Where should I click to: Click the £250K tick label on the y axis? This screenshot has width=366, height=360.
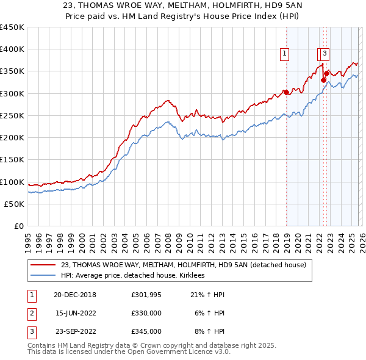point(12,116)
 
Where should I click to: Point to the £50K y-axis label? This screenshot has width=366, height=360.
point(14,204)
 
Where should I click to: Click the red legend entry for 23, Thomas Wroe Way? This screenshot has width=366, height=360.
point(187,265)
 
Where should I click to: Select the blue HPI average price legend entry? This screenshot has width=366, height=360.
point(136,276)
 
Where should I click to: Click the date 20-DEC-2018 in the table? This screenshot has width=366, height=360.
point(75,295)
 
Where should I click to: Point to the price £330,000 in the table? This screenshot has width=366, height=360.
point(146,313)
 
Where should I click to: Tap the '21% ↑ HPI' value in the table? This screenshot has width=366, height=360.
point(207,295)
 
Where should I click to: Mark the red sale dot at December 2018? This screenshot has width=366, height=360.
point(285,93)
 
